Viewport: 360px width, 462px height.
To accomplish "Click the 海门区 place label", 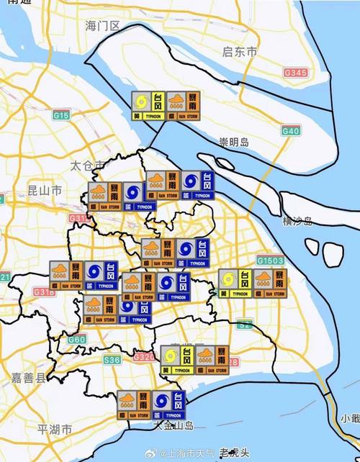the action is tap(102, 26).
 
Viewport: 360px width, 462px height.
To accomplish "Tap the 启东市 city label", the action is tap(240, 52).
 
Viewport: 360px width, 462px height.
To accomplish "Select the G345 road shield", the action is tap(295, 73).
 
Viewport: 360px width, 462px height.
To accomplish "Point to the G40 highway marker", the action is tap(290, 131).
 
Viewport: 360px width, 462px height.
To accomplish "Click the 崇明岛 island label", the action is tap(234, 142).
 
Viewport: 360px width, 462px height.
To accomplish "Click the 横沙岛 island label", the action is tap(297, 221).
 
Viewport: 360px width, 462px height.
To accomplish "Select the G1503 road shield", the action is tap(271, 260).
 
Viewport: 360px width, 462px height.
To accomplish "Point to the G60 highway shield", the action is tap(77, 339).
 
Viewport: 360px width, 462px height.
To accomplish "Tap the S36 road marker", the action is tap(112, 360).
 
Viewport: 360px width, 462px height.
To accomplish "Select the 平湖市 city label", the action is tap(55, 430).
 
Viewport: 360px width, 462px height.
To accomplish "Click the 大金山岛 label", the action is tap(174, 426).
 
